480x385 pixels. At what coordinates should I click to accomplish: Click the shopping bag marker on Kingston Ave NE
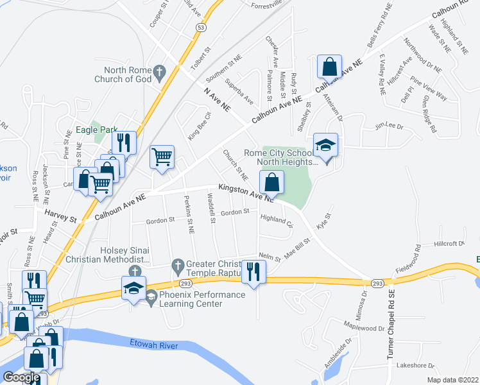272,182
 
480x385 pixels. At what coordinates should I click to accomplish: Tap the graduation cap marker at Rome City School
325,146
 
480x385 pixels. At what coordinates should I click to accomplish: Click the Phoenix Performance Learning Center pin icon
151,296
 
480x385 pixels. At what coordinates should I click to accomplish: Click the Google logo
21,377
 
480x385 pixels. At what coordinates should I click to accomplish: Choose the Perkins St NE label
189,213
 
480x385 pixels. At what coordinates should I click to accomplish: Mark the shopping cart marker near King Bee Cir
161,156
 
